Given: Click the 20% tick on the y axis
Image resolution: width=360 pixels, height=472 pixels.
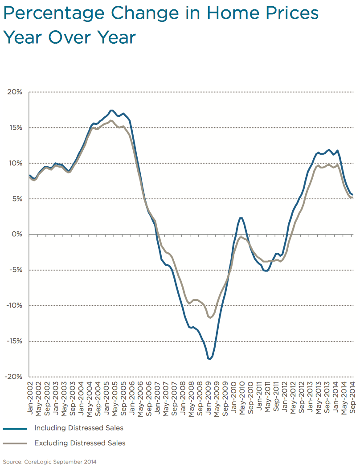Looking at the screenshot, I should [x=14, y=92].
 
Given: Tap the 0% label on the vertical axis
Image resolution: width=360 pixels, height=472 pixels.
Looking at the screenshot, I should [x=16, y=234].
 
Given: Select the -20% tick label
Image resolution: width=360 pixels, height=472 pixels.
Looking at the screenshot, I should [x=13, y=377].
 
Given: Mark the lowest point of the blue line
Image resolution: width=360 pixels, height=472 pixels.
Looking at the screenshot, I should [x=209, y=359].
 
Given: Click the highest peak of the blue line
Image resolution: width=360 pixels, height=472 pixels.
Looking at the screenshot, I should [x=112, y=110].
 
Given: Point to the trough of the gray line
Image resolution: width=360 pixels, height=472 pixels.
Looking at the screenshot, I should [x=210, y=318].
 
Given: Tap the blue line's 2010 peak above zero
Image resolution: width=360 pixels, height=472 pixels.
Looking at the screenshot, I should [x=241, y=218].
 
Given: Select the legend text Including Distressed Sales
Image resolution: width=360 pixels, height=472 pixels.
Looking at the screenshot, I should [x=78, y=428].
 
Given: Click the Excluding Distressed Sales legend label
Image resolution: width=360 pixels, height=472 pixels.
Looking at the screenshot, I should [x=80, y=443].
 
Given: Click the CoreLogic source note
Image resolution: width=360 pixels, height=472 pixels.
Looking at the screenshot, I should [x=49, y=462].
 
